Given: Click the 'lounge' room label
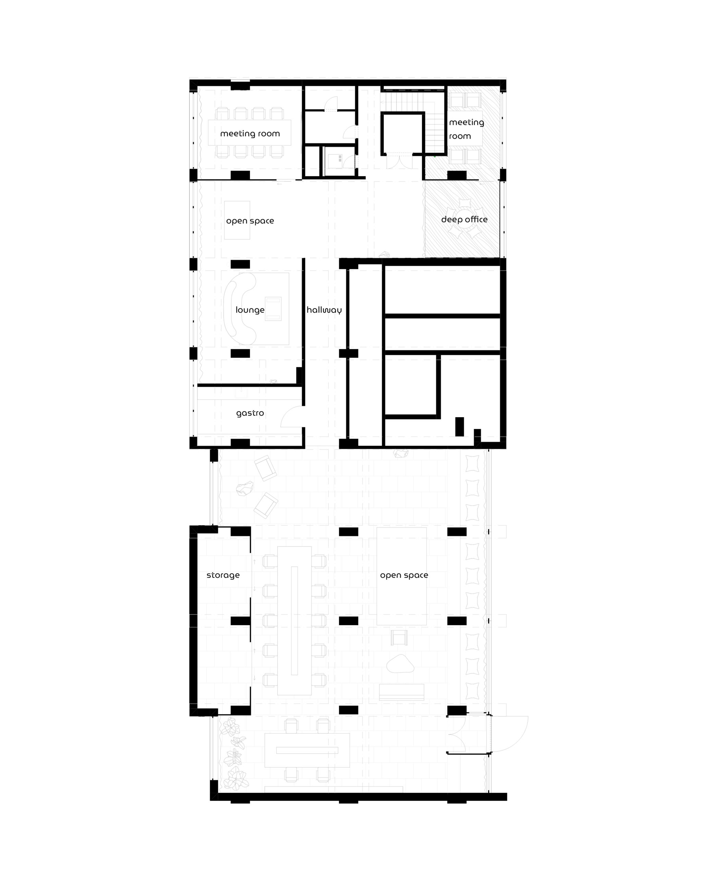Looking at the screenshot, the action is tap(250, 310).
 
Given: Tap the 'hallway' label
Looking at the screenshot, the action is tap(324, 310).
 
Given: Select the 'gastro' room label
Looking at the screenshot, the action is tap(250, 413).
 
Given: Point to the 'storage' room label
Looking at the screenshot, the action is tap(223, 575).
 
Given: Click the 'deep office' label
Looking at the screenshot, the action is tap(464, 220).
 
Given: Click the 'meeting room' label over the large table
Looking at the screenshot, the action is tap(250, 134).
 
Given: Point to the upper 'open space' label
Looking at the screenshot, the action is tap(250, 221).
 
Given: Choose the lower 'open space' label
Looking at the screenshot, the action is tap(404, 575).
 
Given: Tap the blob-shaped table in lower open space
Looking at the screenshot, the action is tap(400, 664).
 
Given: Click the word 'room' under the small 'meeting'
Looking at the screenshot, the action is tap(460, 136).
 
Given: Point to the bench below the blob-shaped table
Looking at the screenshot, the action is tap(402, 692).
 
